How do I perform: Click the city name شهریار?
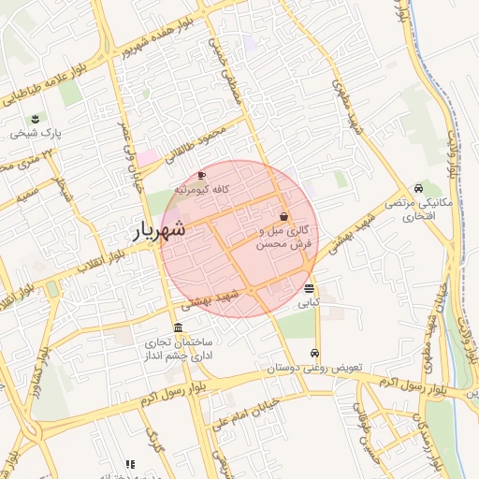156,230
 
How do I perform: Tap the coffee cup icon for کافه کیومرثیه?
201,175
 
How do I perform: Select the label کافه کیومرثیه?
201,189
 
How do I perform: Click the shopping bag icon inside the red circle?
283,216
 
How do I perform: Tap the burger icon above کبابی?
309,288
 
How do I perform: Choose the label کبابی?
309,303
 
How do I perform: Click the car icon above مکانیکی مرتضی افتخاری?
417,187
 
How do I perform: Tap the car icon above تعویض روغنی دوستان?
314,354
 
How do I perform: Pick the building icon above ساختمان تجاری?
178,327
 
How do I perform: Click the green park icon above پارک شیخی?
36,118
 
